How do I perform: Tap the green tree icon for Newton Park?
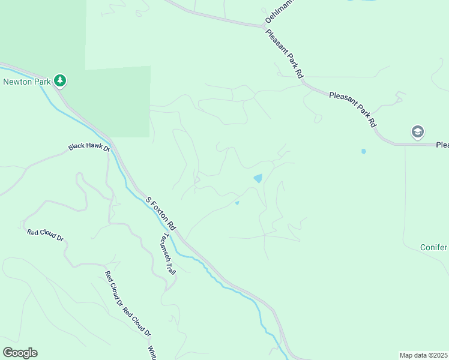(x=59, y=80)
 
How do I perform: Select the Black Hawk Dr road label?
(x=89, y=147)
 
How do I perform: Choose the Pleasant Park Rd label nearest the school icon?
(x=352, y=109)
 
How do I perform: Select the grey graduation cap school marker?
(x=417, y=131)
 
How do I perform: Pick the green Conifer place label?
(x=433, y=247)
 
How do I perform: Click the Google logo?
(x=20, y=352)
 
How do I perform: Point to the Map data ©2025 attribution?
(x=423, y=355)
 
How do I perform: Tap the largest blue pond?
(x=258, y=178)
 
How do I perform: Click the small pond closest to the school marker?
(x=363, y=151)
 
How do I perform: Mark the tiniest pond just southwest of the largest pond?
(x=237, y=203)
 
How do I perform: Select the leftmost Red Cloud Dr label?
(x=45, y=235)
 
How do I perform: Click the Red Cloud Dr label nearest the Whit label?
(x=137, y=323)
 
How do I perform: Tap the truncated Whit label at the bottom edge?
(x=152, y=352)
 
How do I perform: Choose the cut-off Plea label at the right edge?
(x=442, y=145)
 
